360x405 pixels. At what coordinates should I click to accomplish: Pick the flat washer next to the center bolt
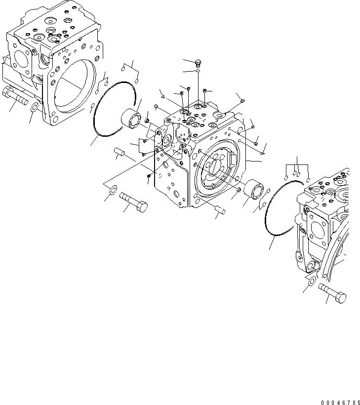click(x=112, y=189)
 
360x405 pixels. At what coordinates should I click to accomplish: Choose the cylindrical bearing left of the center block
click(x=132, y=119)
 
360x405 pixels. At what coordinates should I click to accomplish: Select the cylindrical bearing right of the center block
click(x=254, y=190)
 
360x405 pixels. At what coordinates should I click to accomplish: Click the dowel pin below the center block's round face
click(x=221, y=211)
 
